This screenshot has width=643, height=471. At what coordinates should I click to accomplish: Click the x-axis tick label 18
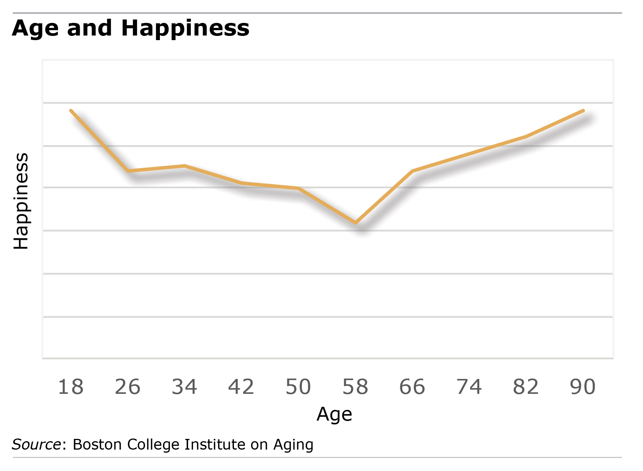[x=71, y=387]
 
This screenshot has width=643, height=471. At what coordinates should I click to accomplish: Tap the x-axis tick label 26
[x=127, y=387]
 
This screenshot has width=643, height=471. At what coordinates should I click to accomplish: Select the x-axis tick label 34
[x=184, y=387]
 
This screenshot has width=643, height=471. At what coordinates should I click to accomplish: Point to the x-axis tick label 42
[x=241, y=387]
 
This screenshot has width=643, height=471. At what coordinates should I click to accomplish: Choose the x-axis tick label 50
[x=298, y=387]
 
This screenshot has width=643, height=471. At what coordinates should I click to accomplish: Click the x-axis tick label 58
[x=355, y=387]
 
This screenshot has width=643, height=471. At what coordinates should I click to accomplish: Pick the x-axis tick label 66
[x=412, y=387]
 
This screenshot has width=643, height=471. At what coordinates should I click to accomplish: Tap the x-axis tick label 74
[x=469, y=387]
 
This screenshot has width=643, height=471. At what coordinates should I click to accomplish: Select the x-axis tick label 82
[x=526, y=387]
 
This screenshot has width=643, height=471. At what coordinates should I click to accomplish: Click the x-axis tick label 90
[x=583, y=387]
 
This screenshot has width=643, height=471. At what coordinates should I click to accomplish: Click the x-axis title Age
[x=334, y=414]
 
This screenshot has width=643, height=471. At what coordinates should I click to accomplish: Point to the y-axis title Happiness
[x=21, y=201]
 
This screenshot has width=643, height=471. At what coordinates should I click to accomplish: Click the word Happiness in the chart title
[x=185, y=28]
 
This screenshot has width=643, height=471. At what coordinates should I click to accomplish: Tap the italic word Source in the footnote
[x=37, y=445]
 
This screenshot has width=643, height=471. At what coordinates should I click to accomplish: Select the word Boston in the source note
[x=97, y=445]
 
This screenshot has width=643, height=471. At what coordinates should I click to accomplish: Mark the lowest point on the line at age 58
[x=356, y=223]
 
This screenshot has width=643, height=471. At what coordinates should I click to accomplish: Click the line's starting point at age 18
[x=71, y=111]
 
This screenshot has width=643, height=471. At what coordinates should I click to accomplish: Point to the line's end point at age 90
[x=583, y=111]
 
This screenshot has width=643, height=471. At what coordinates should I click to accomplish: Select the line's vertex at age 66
[x=413, y=171]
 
